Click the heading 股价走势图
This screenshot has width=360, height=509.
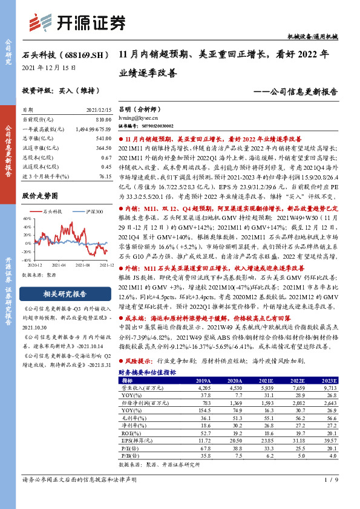click(x=39, y=196)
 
